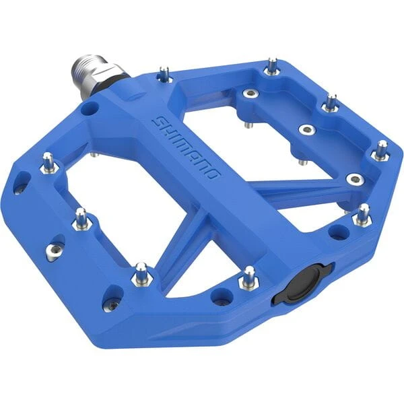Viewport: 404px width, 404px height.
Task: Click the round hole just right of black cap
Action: pyautogui.click(x=339, y=232)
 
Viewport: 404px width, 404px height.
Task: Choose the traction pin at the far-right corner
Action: pyautogui.click(x=382, y=149)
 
